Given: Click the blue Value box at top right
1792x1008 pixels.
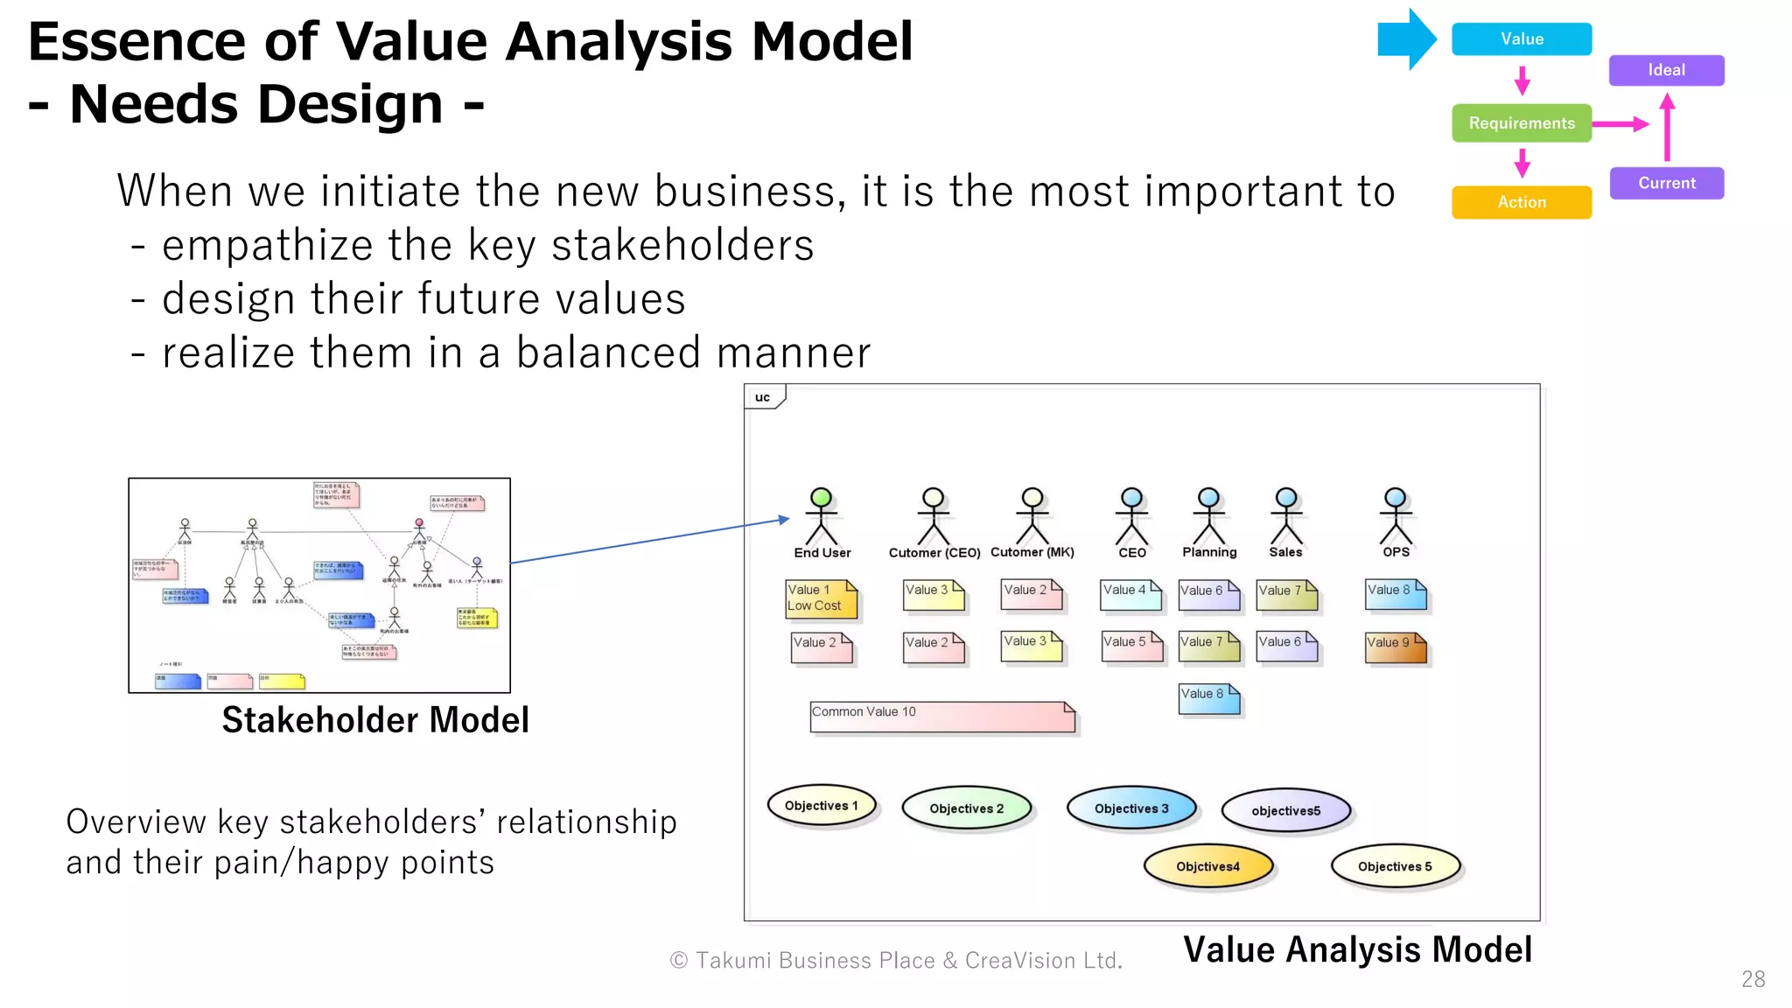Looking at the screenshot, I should pyautogui.click(x=1521, y=39).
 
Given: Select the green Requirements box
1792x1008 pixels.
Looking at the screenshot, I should pyautogui.click(x=1521, y=123).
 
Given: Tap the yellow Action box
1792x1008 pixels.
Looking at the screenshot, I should pyautogui.click(x=1521, y=202).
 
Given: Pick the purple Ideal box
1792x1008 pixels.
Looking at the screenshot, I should pyautogui.click(x=1666, y=70).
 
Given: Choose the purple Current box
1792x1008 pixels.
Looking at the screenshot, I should pyautogui.click(x=1666, y=183).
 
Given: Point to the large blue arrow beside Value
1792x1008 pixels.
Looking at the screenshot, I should pyautogui.click(x=1405, y=39).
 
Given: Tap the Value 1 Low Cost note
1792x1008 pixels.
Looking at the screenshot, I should pyautogui.click(x=821, y=598).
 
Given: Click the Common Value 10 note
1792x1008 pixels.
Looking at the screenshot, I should pyautogui.click(x=941, y=717).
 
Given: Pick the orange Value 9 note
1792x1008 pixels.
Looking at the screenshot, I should pyautogui.click(x=1395, y=647).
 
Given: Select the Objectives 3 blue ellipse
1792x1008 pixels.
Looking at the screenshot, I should pyautogui.click(x=1130, y=808).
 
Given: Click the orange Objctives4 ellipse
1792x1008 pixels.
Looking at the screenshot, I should pyautogui.click(x=1207, y=866).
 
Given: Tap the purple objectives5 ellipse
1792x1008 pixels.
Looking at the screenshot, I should pyautogui.click(x=1285, y=810).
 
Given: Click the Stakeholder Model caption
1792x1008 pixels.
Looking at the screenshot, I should pyautogui.click(x=375, y=720).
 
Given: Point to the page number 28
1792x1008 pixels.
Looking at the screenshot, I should pyautogui.click(x=1753, y=979).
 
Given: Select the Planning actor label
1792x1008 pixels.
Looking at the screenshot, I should pyautogui.click(x=1209, y=552).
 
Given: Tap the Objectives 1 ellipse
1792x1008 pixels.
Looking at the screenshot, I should pyautogui.click(x=821, y=806).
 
